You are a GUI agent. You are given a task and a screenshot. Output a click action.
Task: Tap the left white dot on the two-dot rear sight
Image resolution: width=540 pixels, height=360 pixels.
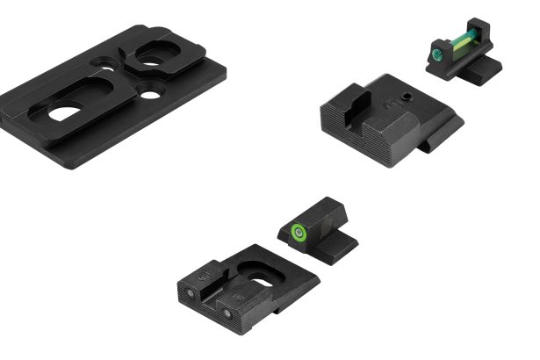coord(191,291)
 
